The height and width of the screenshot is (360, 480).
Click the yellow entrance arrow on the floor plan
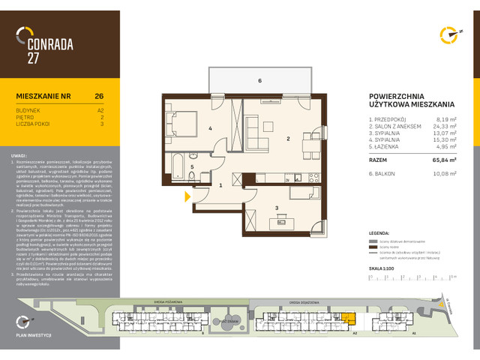point(187,197)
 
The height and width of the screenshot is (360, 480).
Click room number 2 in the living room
point(287,139)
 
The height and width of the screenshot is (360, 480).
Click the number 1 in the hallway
point(220,184)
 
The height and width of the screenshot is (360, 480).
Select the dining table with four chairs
point(307,144)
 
